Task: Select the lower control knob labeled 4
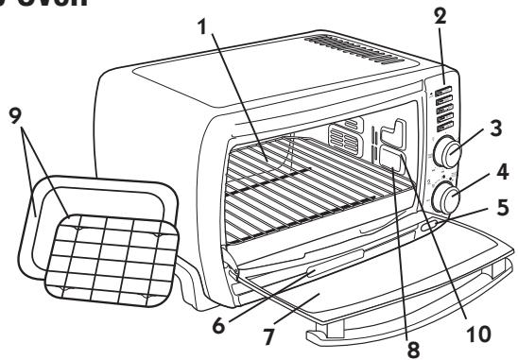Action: [444, 199]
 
